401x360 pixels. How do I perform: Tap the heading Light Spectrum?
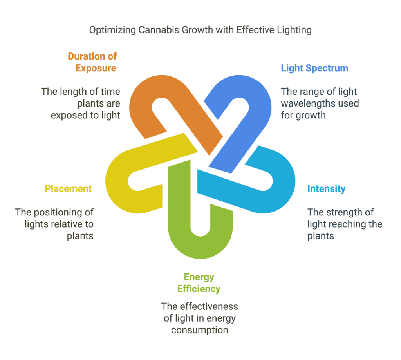point(314,68)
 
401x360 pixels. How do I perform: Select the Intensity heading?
point(327,189)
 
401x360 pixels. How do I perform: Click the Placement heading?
point(68,189)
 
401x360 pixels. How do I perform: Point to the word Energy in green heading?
point(199,277)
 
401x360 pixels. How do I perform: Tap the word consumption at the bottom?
point(199,330)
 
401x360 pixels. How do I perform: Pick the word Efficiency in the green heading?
point(199,289)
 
